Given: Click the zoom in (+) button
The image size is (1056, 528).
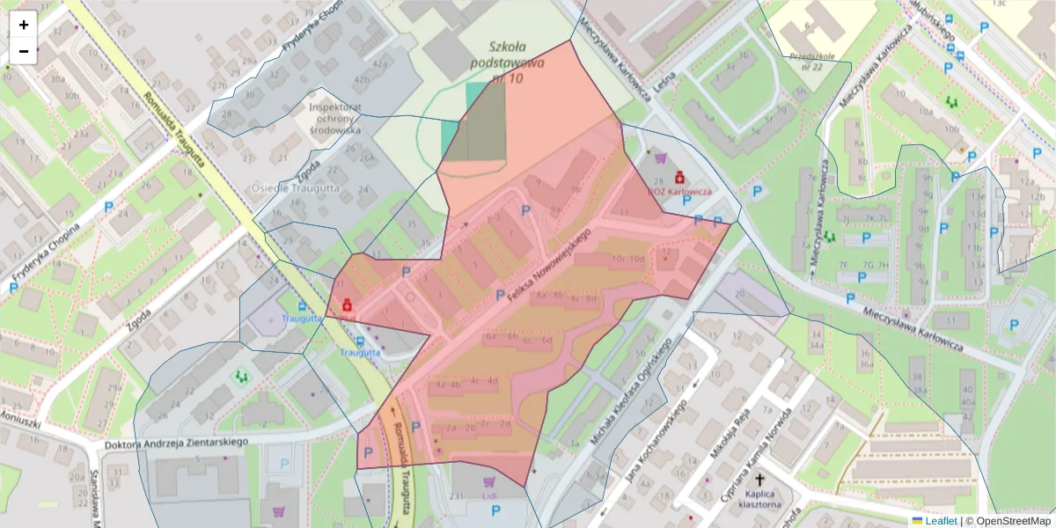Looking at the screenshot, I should pos(23,25).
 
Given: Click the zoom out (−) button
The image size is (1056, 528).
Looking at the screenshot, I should pos(23,51).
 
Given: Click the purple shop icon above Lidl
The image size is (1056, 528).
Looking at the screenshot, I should pos(489,481).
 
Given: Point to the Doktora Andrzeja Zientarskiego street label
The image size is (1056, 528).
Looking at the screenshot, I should pos(176,443).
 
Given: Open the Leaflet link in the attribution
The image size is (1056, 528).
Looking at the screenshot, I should pos(941,521).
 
